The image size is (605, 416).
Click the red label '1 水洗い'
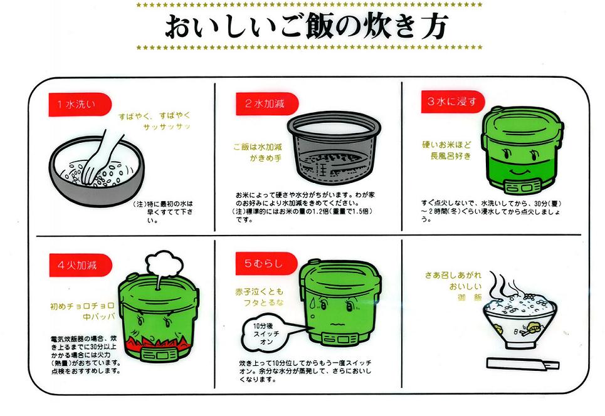tap(80, 104)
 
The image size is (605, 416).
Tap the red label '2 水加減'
tap(267, 104)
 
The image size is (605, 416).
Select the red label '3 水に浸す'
tap(453, 101)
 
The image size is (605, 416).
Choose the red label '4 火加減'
tap(80, 265)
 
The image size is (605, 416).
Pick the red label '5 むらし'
tap(266, 264)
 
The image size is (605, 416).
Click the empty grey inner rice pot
tap(334, 148)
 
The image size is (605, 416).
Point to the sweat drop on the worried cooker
tap(313, 303)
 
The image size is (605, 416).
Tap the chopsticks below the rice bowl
tap(523, 364)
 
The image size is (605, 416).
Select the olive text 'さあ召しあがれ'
tap(453, 275)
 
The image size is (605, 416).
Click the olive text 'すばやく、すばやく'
tap(154, 116)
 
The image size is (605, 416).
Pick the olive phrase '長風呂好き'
tap(451, 156)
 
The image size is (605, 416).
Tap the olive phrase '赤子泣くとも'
tap(260, 292)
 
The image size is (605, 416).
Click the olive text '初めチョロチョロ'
tap(82, 306)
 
